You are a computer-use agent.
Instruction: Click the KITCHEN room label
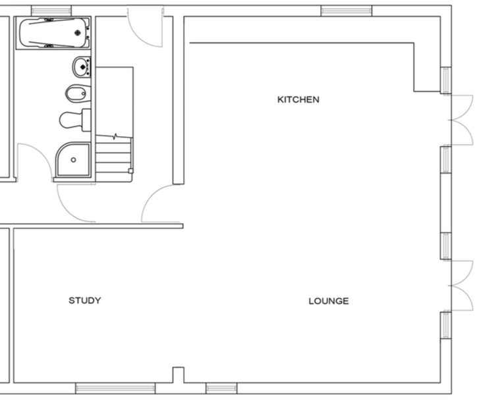click(x=298, y=100)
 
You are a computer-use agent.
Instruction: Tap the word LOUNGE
click(x=328, y=301)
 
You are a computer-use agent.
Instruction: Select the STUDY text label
click(x=85, y=301)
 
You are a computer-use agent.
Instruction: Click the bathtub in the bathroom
click(x=54, y=33)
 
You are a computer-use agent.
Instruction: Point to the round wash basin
click(x=81, y=67)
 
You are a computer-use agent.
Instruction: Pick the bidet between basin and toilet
click(x=76, y=94)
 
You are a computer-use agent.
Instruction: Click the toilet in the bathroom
click(x=74, y=120)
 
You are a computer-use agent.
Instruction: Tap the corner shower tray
click(x=72, y=160)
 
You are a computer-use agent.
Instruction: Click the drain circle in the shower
click(x=73, y=160)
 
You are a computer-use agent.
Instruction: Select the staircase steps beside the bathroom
click(x=114, y=158)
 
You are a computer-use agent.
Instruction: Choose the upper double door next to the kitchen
click(x=461, y=120)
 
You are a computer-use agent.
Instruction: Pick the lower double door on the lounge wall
click(x=461, y=286)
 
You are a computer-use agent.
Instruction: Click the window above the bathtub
click(x=51, y=11)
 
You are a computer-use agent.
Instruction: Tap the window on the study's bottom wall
click(x=115, y=388)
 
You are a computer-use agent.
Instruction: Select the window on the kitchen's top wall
click(x=346, y=11)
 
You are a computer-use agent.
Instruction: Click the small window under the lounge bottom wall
click(x=221, y=388)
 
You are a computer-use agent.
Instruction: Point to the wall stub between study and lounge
click(x=178, y=374)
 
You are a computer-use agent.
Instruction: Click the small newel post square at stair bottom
click(x=130, y=171)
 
